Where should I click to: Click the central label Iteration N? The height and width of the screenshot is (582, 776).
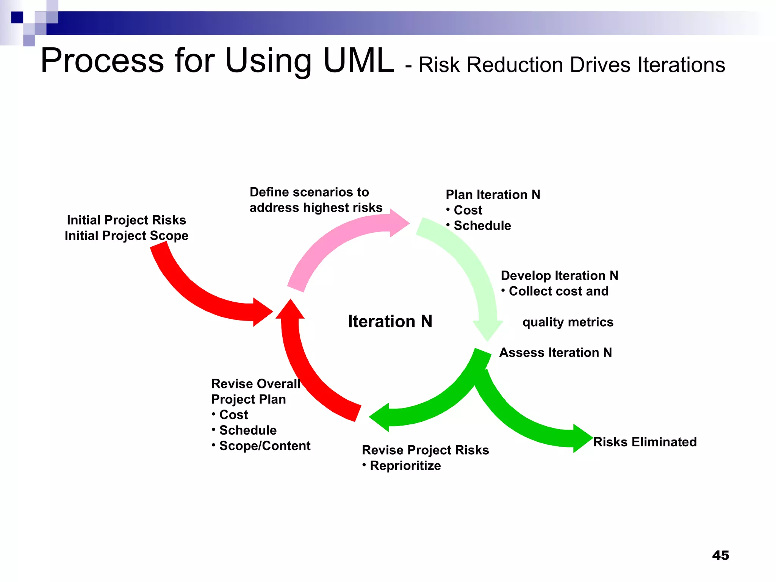coord(390,321)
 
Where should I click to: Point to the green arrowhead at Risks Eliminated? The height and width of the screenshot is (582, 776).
coord(582,438)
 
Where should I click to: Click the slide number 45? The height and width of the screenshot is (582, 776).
coord(720,555)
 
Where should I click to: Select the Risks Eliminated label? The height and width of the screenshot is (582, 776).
coord(645,442)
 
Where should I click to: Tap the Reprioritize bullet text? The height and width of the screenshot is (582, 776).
coord(405,465)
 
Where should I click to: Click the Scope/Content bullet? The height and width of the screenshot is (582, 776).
coord(264,446)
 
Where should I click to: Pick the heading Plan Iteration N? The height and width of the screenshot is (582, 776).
coord(493,194)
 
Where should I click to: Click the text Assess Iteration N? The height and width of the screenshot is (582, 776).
coord(555,352)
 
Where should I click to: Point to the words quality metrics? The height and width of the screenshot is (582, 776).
coord(568,322)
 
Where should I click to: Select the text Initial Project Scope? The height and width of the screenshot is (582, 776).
coord(126,236)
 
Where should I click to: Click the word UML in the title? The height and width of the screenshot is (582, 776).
coord(358,61)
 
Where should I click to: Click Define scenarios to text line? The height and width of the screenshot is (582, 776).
coord(309,192)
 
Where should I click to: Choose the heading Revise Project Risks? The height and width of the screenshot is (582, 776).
coord(425,450)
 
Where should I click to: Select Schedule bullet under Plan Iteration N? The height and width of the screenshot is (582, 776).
coord(482,225)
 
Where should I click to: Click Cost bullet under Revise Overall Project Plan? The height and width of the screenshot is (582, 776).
coord(233,415)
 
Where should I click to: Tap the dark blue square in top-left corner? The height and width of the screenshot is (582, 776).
coord(17,17)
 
